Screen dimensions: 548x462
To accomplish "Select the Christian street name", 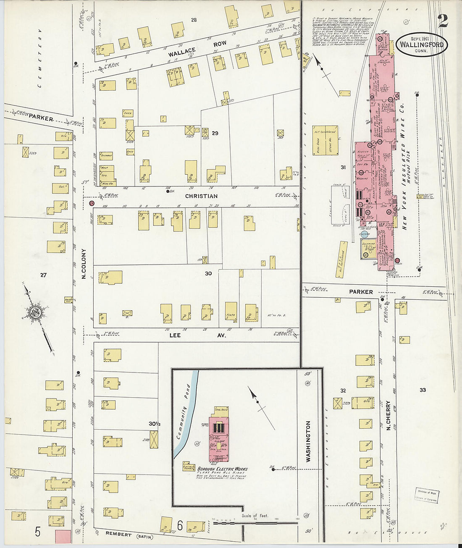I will (x=202, y=196).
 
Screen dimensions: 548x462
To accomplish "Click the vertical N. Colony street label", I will (x=84, y=264).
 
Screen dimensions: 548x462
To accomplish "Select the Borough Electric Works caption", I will (x=223, y=469).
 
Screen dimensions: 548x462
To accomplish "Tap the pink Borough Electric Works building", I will (x=218, y=439).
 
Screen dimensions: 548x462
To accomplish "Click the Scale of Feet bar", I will (x=255, y=523).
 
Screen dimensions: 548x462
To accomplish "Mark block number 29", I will (x=215, y=133).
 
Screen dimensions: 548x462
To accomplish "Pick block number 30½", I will (x=155, y=424).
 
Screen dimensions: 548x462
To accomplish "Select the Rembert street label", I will (x=118, y=535).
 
